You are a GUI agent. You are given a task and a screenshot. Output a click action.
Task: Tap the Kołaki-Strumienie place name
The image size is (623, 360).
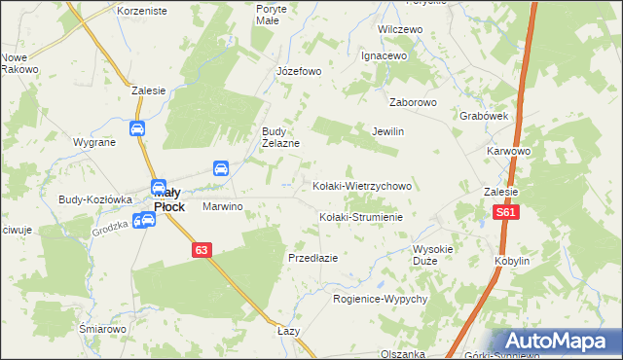[361, 217]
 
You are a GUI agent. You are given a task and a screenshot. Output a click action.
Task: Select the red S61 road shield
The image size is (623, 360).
[504, 212]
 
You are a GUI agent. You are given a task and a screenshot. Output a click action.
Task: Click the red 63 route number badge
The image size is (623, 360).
[202, 250]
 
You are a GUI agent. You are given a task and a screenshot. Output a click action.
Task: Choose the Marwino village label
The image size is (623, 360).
[222, 207]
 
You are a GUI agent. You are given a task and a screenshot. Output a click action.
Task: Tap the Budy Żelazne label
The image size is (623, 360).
[279, 137]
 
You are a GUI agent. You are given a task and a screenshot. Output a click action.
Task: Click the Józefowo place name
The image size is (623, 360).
[299, 71]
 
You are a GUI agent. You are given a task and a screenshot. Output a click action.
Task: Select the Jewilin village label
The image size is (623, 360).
[387, 131]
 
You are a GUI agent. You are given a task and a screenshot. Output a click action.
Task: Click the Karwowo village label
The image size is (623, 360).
[508, 152]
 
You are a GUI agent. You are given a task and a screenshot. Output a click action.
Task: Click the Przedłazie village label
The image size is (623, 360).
[312, 258]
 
